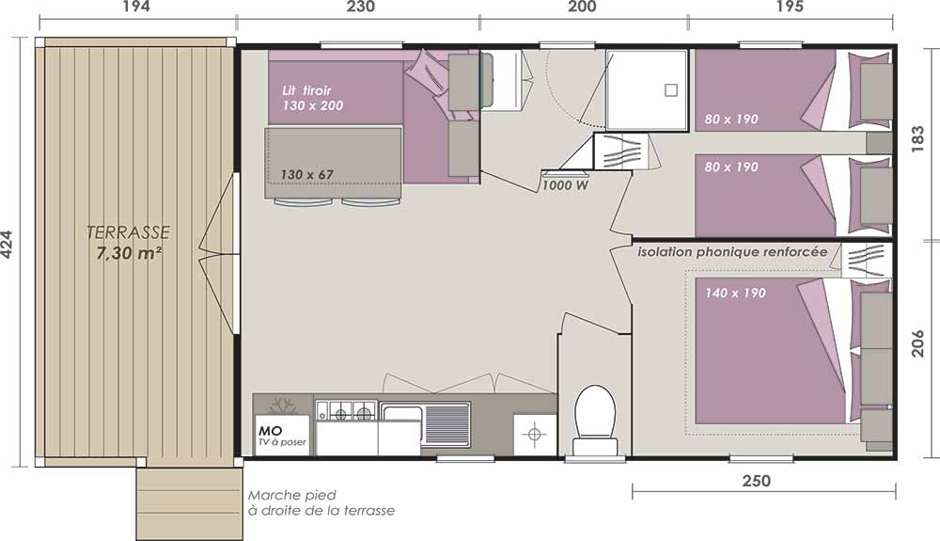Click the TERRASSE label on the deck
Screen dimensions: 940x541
click(x=128, y=232)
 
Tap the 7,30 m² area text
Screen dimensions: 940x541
click(x=129, y=253)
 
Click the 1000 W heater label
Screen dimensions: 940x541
click(x=565, y=185)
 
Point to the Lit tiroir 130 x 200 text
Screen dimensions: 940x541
click(x=312, y=99)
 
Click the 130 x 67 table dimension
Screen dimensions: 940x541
click(x=306, y=175)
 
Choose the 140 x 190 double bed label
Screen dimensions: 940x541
click(x=735, y=293)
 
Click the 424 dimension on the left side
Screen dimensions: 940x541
click(x=8, y=245)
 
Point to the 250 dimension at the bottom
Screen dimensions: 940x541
click(x=757, y=481)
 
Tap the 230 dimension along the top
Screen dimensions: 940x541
click(x=361, y=7)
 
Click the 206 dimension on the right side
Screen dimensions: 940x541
click(x=917, y=342)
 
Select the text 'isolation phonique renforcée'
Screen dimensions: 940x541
click(x=732, y=252)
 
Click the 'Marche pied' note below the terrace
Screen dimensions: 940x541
click(x=292, y=496)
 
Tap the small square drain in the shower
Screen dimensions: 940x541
click(x=671, y=90)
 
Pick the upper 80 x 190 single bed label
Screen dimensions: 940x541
click(x=731, y=119)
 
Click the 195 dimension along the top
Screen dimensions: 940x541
click(x=790, y=7)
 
